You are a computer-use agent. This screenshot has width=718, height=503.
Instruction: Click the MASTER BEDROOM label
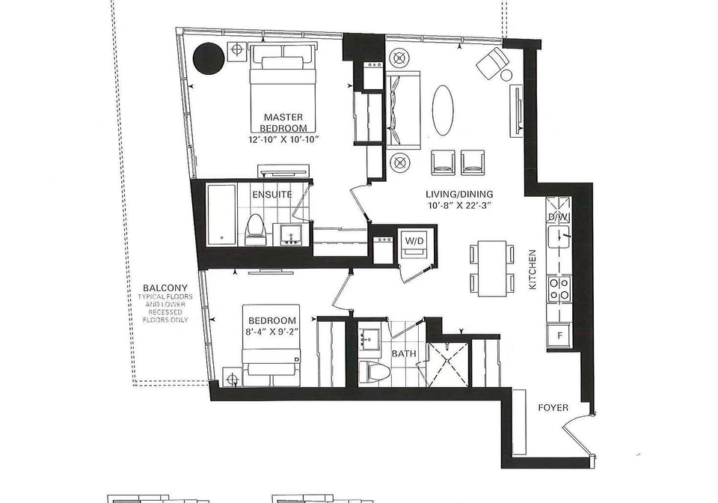click(x=283, y=122)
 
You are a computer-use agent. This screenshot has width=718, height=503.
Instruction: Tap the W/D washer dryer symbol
click(x=414, y=245)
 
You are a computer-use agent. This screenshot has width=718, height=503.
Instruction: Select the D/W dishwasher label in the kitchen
click(x=559, y=216)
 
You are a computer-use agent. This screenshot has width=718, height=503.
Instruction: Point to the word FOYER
click(x=553, y=408)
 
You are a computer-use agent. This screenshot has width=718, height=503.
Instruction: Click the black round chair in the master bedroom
click(x=209, y=58)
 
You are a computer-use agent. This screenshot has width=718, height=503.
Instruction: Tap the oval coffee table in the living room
click(x=443, y=110)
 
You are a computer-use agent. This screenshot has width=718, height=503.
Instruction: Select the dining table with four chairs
click(x=492, y=269)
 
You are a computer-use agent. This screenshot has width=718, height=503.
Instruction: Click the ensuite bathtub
click(x=221, y=214)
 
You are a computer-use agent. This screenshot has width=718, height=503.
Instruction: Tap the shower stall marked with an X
click(x=447, y=365)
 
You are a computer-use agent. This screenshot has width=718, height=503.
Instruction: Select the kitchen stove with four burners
click(x=559, y=290)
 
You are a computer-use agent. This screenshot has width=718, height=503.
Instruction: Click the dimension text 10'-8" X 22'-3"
click(x=460, y=206)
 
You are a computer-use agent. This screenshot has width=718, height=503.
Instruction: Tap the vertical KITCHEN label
click(x=533, y=269)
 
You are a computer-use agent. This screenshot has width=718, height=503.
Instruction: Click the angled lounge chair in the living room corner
click(x=492, y=62)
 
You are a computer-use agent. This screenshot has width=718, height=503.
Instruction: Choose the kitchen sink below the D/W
click(x=559, y=237)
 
